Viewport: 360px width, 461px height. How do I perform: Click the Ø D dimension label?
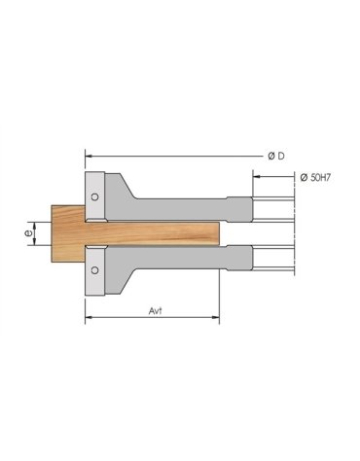[x=275, y=156]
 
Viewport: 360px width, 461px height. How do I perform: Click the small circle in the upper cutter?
[x=94, y=196]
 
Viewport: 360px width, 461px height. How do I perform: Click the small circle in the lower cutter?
[x=94, y=261]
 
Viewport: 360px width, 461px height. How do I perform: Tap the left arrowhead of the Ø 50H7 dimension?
[x=256, y=176]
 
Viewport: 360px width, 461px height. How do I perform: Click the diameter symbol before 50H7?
[x=303, y=176]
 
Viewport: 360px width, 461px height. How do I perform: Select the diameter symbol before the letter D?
[x=270, y=156]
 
